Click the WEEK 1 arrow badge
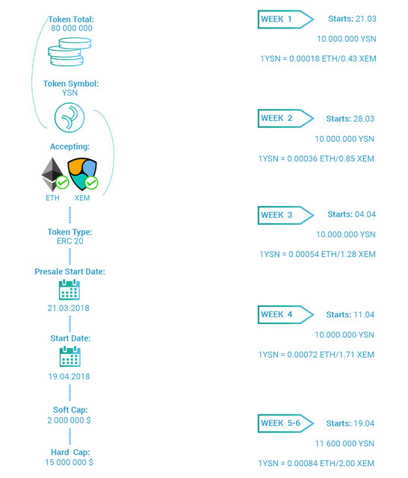tap(285, 19)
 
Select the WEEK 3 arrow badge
tap(285, 215)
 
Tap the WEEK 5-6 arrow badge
tap(285, 423)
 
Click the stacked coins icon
tap(69, 52)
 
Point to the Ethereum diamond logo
tap(52, 174)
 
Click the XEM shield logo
tap(81, 173)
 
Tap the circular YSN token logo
tap(69, 117)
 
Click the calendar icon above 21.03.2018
tap(69, 290)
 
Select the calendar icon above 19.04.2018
tap(69, 356)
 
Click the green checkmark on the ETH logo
tap(62, 182)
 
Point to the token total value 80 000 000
tap(72, 28)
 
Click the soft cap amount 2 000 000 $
tap(69, 420)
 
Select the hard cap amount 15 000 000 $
tap(69, 462)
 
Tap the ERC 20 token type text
tap(69, 241)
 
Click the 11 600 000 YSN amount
tap(344, 444)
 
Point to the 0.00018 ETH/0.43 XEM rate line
tap(318, 58)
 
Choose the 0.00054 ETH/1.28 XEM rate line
tap(318, 254)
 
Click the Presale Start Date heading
tap(69, 272)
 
